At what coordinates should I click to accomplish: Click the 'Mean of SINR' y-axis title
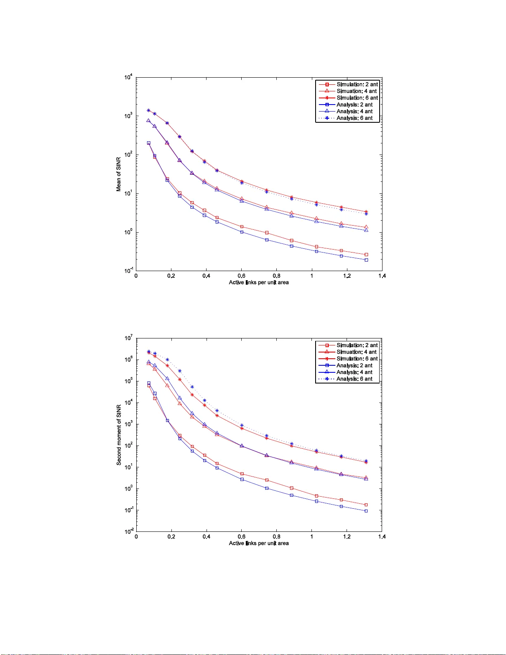(119, 174)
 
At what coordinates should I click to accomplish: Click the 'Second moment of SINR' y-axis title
(119, 435)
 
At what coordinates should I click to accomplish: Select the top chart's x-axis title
(259, 283)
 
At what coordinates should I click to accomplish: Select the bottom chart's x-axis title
(259, 543)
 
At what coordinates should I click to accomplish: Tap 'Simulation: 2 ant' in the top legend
(357, 84)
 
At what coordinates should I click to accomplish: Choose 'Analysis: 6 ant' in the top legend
(354, 118)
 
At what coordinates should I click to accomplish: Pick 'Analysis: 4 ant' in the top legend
(354, 112)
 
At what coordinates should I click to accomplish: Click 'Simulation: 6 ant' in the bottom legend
(357, 359)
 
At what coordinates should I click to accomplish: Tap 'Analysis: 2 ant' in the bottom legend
(354, 365)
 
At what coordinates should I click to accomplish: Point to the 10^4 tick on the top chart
(128, 77)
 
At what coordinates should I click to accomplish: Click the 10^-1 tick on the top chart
(128, 271)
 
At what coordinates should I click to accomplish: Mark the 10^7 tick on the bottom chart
(128, 338)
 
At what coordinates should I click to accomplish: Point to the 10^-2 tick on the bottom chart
(128, 531)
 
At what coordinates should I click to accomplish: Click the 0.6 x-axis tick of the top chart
(241, 276)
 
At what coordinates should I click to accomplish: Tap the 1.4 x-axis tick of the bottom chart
(382, 537)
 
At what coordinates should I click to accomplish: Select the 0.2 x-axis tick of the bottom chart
(171, 537)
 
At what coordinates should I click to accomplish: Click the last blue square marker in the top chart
(366, 260)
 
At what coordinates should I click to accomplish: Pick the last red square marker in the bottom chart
(366, 505)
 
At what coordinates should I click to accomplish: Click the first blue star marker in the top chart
(149, 110)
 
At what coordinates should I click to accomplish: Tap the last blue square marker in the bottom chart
(366, 511)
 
